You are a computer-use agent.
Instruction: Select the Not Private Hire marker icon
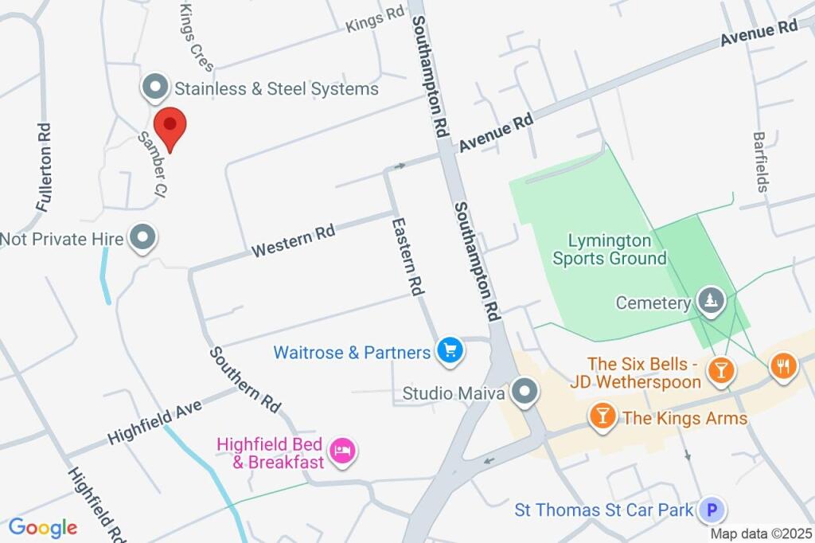click(x=143, y=238)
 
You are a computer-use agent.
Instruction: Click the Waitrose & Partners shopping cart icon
click(x=450, y=350)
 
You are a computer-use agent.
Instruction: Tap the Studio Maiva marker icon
click(x=524, y=393)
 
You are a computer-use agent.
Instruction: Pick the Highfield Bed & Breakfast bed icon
click(x=343, y=451)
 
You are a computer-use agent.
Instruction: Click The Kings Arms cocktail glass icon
click(x=602, y=416)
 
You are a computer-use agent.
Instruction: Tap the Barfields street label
click(x=762, y=162)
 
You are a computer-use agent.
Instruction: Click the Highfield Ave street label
click(x=155, y=421)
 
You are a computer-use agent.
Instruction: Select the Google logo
click(x=43, y=527)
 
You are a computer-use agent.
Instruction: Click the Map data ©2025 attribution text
click(x=760, y=533)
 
